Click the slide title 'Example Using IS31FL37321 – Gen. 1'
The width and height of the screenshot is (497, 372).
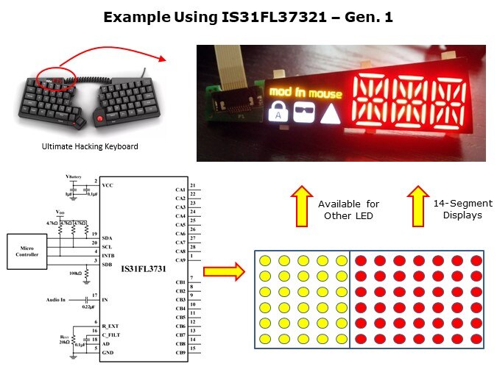[248, 17]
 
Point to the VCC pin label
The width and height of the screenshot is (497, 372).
[109, 186]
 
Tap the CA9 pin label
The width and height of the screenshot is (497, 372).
[180, 260]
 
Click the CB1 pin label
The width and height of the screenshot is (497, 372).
[180, 282]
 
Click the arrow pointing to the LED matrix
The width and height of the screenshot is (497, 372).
[223, 273]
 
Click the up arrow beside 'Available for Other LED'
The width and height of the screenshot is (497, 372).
[299, 206]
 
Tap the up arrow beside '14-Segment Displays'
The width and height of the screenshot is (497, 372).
[417, 206]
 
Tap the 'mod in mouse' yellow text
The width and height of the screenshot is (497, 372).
[305, 93]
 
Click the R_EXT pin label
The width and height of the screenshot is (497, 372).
[110, 325]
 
